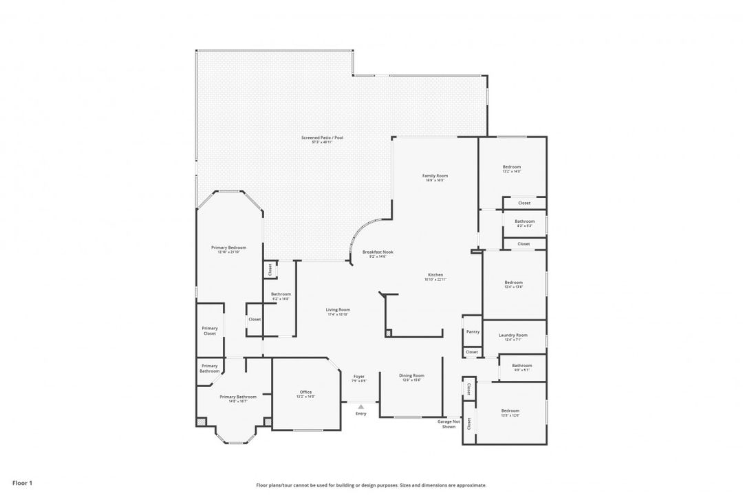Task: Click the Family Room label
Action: [x=435, y=176]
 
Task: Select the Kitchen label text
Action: [x=435, y=275]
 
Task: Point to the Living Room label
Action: [x=338, y=309]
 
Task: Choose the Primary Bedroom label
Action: [x=228, y=247]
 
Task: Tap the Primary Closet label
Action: [x=210, y=331]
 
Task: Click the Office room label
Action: [x=305, y=392]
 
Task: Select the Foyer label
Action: [x=358, y=376]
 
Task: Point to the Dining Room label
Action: [x=411, y=375]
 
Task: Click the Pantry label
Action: [x=472, y=331]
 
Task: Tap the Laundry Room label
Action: [x=513, y=335]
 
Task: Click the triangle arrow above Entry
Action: [x=360, y=406]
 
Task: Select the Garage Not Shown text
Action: [x=449, y=423]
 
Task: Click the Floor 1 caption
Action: [x=22, y=483]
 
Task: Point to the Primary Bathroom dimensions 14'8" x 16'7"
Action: [x=238, y=401]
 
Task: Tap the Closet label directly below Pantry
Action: [x=471, y=352]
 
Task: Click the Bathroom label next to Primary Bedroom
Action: [x=281, y=294]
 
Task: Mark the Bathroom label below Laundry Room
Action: [x=521, y=366]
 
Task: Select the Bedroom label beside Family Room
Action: [x=512, y=166]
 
